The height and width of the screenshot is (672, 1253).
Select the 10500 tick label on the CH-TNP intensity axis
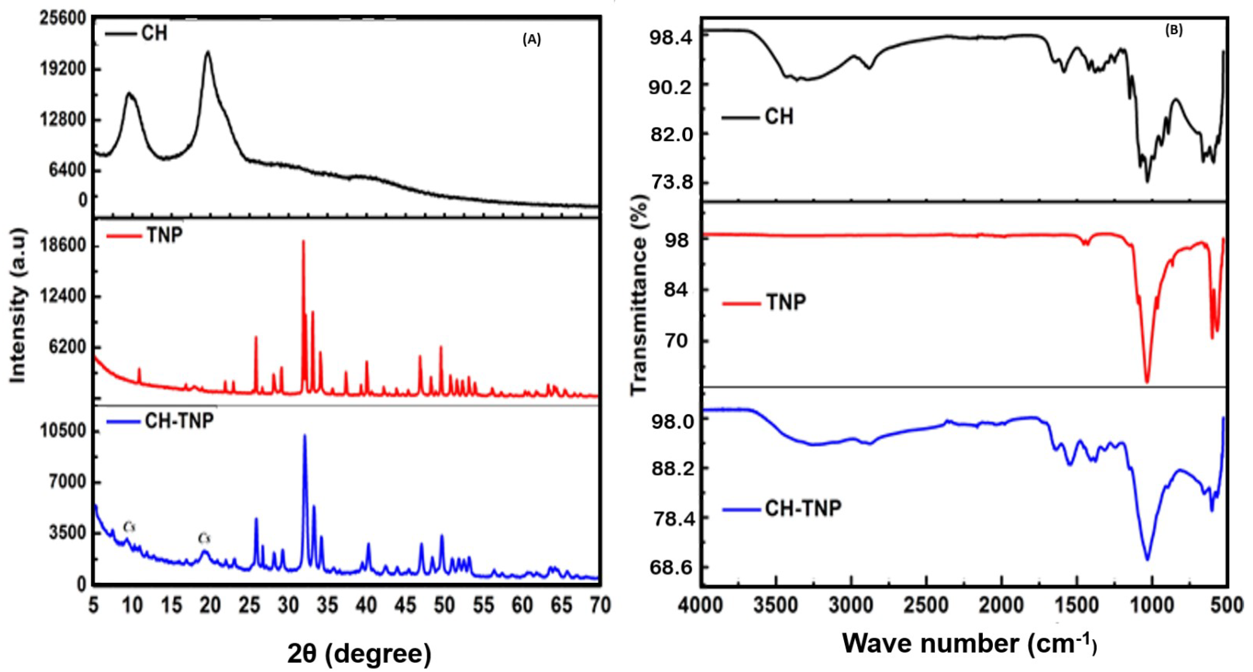63,431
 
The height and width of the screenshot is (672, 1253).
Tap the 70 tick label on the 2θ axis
600,605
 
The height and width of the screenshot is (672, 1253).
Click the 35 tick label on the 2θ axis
327,605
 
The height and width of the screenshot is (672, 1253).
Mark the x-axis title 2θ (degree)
359,653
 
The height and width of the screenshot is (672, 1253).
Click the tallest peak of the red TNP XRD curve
303,241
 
